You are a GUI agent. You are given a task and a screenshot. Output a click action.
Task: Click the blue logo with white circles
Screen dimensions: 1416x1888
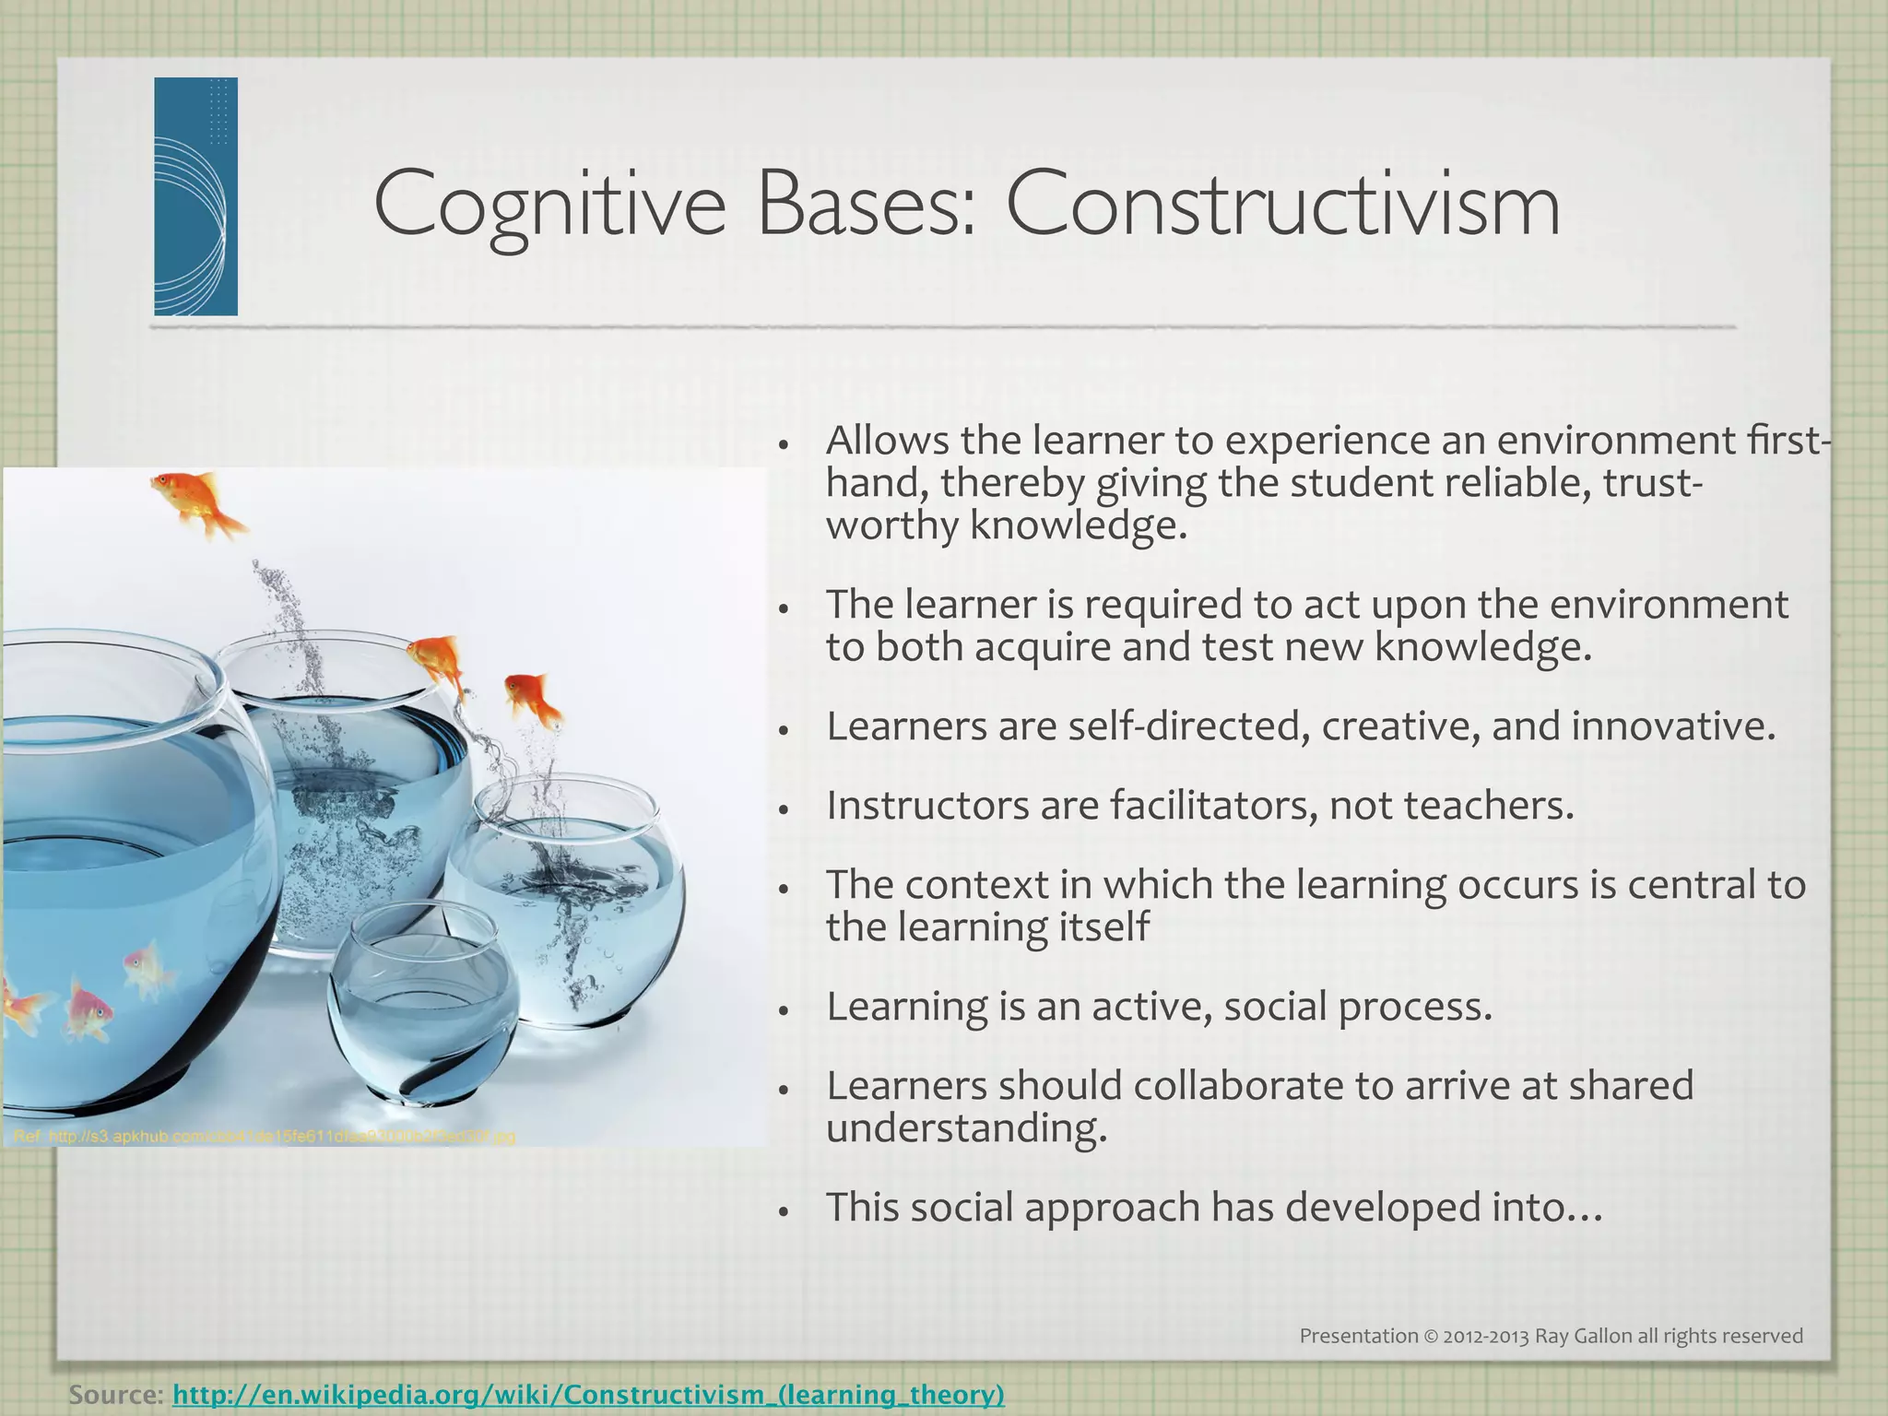[195, 196]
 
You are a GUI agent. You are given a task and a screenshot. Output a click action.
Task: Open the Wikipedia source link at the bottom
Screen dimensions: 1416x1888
[588, 1394]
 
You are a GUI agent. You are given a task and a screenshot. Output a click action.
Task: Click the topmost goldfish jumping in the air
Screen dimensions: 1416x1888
[198, 502]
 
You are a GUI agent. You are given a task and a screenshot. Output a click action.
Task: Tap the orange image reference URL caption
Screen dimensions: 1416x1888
[265, 1137]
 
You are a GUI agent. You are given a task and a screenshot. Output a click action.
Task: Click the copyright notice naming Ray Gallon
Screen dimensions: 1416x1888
[1551, 1336]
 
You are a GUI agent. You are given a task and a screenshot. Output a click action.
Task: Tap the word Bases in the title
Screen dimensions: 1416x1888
[865, 205]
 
